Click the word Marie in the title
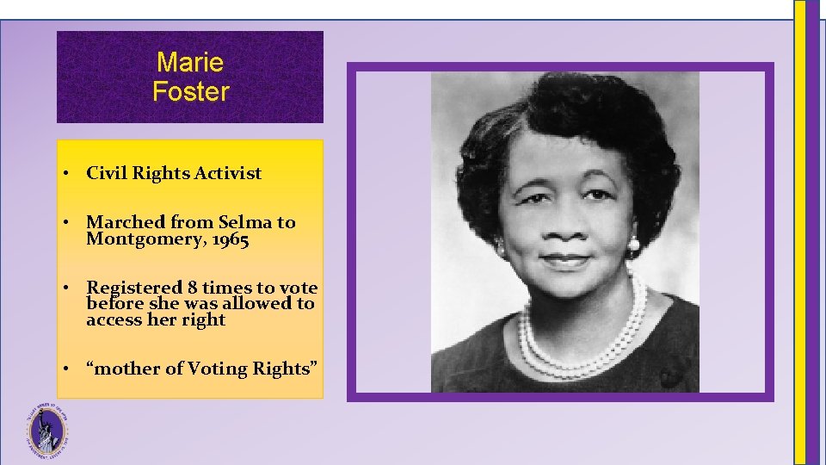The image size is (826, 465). point(190,63)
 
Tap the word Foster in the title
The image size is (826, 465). point(190,90)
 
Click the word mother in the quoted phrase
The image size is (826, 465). point(127,369)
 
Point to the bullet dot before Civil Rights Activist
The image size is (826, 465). point(65,173)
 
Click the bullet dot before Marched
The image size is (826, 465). point(65,222)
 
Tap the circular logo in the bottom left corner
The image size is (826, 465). point(46,427)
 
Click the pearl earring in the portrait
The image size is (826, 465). point(634,245)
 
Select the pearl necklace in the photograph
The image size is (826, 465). point(594,344)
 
